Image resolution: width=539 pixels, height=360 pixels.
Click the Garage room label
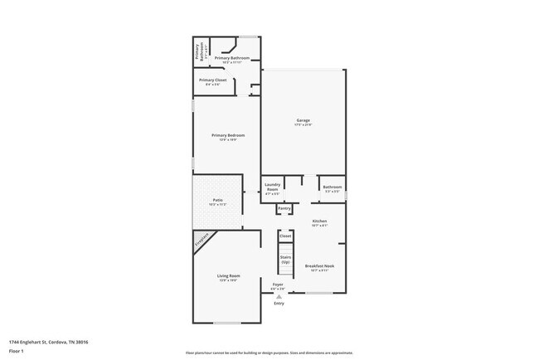point(303,120)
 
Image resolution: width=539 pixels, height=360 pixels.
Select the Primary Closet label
point(213,80)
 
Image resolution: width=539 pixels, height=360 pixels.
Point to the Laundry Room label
point(272,187)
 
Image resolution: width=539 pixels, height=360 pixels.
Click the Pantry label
point(284,208)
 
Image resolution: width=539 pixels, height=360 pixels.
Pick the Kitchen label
point(319,221)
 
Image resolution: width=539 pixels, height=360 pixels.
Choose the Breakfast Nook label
point(319,265)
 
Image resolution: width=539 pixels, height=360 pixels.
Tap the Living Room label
point(228,276)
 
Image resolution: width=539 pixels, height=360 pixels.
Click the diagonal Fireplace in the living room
point(202,241)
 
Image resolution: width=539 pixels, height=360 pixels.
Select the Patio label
point(217,200)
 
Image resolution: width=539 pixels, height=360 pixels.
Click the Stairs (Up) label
point(285,259)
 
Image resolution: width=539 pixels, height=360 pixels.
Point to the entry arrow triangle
point(278,295)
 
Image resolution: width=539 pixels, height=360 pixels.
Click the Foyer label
point(278,285)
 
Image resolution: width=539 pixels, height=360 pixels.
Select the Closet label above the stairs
point(285,236)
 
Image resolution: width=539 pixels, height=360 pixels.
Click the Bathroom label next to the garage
point(333,187)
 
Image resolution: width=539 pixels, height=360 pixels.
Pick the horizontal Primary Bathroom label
point(232,58)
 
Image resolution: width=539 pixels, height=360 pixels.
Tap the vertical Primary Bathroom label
point(198,52)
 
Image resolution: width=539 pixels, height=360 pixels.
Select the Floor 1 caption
point(17,351)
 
